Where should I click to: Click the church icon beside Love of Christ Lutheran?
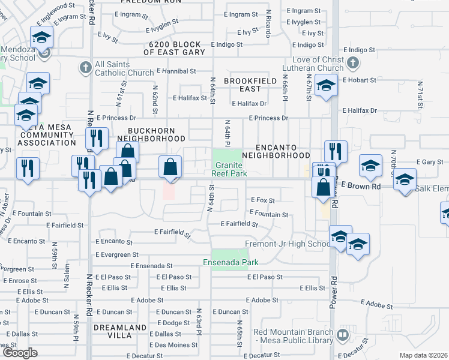(353, 62)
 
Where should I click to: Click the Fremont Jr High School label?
(288, 244)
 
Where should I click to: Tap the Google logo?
(20, 353)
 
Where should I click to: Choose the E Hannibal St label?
(176, 71)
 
